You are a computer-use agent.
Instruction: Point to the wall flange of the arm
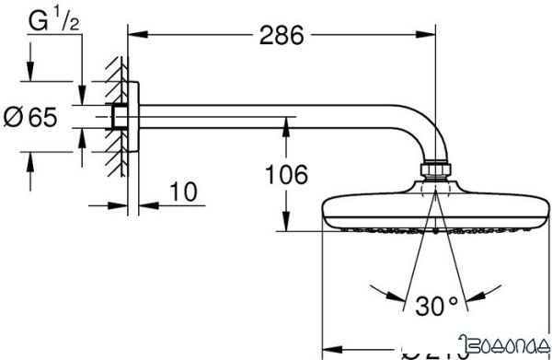[x=132, y=117]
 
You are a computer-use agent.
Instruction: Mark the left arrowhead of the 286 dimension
[x=132, y=36]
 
